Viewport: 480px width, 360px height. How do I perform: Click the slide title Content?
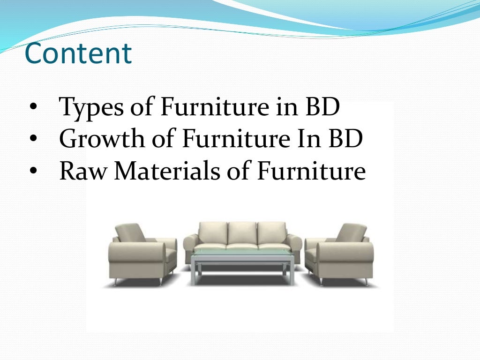click(78, 53)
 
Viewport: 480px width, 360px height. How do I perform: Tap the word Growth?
click(95, 139)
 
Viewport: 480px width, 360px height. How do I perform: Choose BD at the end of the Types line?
click(322, 107)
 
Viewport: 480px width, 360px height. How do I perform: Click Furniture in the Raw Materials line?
click(311, 171)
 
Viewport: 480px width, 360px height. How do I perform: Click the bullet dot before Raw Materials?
click(32, 172)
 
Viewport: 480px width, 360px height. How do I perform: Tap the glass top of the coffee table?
click(241, 256)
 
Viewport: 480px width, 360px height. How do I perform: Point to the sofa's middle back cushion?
click(242, 233)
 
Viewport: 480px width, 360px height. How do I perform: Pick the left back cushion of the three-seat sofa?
click(213, 233)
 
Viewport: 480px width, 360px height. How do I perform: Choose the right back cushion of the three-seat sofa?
click(271, 233)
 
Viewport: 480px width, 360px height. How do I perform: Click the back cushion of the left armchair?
click(131, 232)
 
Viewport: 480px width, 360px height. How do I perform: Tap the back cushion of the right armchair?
click(351, 232)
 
